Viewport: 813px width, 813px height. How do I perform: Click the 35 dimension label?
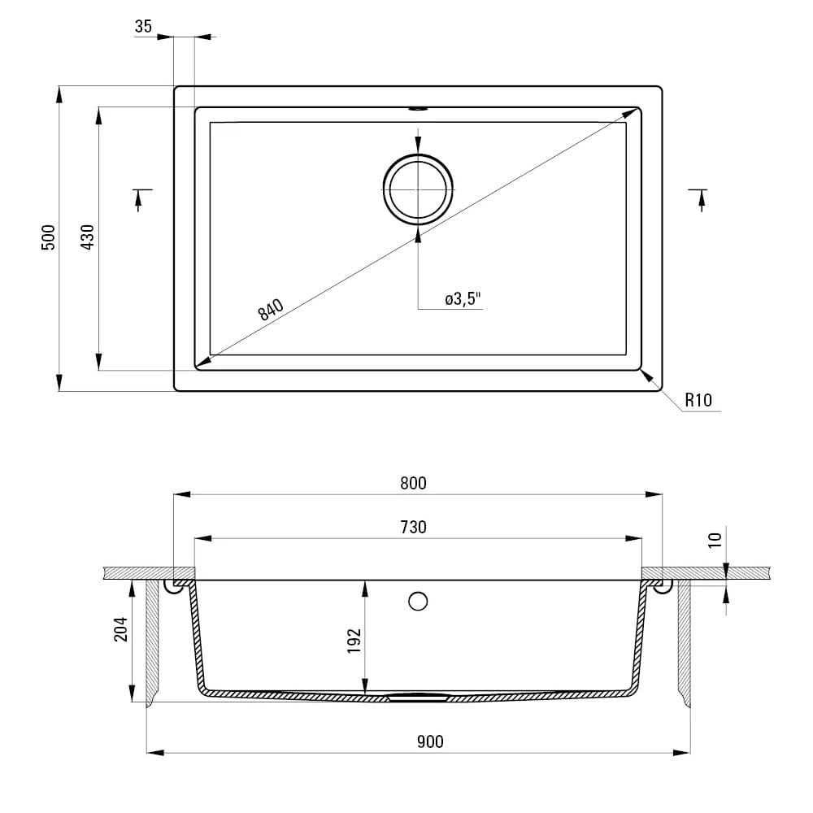(x=143, y=26)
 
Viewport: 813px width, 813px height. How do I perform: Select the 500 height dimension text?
(x=48, y=237)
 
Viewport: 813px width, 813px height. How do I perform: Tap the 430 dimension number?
(x=88, y=237)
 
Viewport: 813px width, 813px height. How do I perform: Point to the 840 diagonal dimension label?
(x=271, y=310)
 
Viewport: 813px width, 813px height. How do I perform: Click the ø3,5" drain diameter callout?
(x=463, y=299)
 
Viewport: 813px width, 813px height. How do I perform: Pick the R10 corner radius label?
(x=698, y=400)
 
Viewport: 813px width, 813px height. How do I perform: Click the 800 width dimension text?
(x=413, y=483)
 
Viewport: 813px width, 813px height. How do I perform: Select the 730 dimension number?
(x=413, y=528)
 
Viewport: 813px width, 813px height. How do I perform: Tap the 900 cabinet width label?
(x=430, y=742)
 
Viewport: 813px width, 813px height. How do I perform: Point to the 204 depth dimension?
(x=121, y=629)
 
